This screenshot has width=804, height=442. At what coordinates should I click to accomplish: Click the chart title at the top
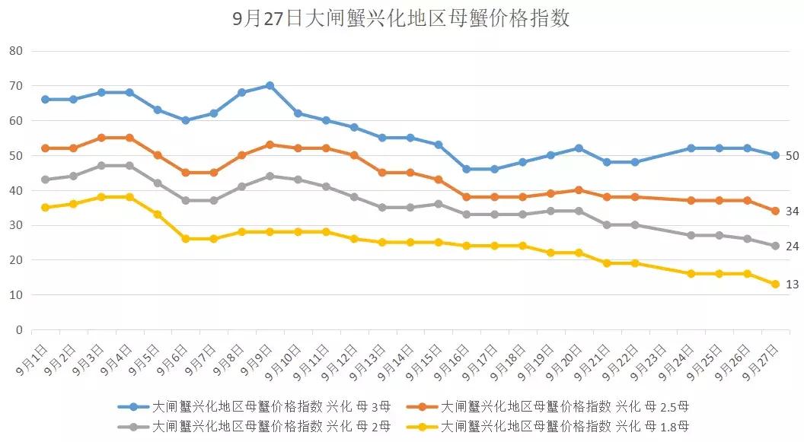point(401,19)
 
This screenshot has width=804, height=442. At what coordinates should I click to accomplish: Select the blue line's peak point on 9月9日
point(270,85)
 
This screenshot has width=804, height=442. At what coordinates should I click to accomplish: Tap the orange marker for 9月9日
point(270,145)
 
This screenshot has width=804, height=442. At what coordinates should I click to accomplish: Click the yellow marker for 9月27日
point(775,284)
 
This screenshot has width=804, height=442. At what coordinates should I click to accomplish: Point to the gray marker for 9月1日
point(45,180)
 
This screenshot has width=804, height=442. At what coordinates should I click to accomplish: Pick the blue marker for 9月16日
point(466,169)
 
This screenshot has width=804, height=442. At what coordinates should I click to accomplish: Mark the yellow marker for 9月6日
point(186,239)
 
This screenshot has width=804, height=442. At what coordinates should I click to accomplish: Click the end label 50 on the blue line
point(792,155)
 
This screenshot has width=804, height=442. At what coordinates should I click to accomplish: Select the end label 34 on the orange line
point(792,211)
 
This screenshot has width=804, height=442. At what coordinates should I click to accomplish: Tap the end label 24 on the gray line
point(792,246)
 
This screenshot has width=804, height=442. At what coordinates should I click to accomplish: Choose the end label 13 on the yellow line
point(792,284)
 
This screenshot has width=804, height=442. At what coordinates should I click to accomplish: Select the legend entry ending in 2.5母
point(548,406)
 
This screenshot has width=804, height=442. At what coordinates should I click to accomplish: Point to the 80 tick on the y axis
point(17,51)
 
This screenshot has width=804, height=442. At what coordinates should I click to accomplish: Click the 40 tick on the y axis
point(17,190)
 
